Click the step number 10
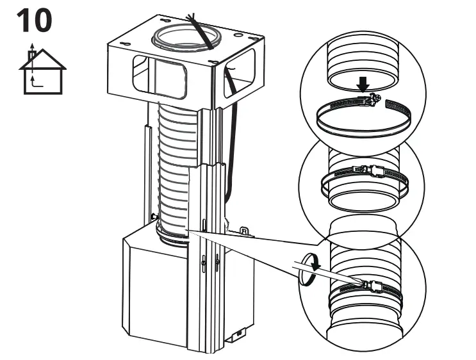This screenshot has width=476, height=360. tap(34, 21)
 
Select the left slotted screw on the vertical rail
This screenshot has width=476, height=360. tap(203, 261)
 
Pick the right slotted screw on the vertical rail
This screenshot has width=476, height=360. tap(217, 261)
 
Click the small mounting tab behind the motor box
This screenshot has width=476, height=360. tap(243, 229)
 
